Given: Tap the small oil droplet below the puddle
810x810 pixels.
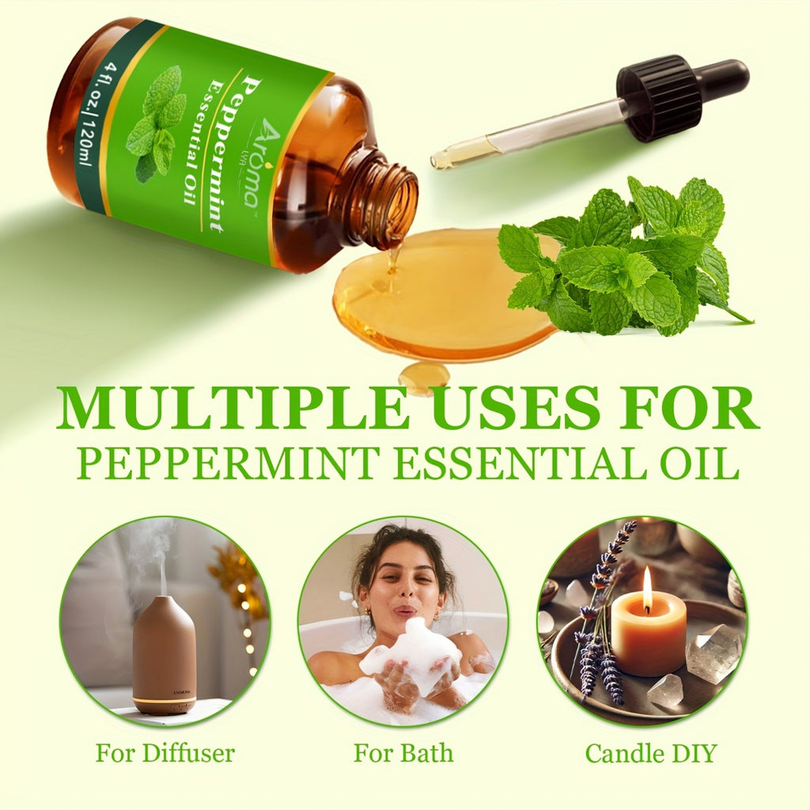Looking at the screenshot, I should pyautogui.click(x=423, y=376).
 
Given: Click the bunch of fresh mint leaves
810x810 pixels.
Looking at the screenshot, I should pyautogui.click(x=625, y=257).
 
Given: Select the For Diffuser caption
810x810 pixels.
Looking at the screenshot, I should pyautogui.click(x=165, y=753).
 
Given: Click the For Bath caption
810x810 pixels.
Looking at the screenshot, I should pyautogui.click(x=403, y=753).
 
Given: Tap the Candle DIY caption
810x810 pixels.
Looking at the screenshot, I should pyautogui.click(x=650, y=753).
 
